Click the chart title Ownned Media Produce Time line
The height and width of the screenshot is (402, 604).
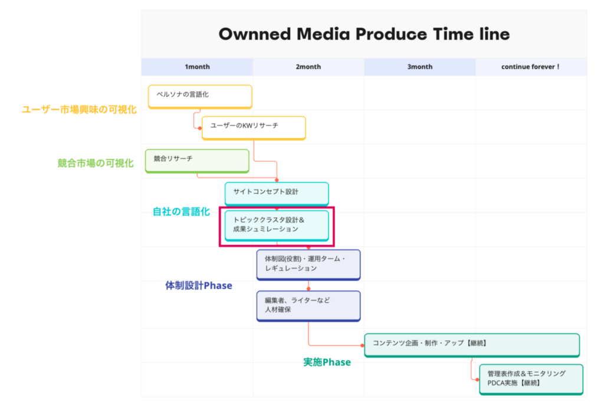pyautogui.click(x=364, y=34)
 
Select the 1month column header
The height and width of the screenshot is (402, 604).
pyautogui.click(x=197, y=67)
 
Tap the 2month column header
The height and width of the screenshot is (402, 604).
pyautogui.click(x=308, y=67)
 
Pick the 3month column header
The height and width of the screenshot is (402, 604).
pyautogui.click(x=420, y=67)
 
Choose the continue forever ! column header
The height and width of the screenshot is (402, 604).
pyautogui.click(x=531, y=67)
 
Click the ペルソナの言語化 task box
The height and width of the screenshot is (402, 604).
pyautogui.click(x=200, y=97)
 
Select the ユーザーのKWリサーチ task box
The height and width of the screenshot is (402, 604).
pyautogui.click(x=254, y=128)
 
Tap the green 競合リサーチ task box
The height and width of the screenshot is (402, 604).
pyautogui.click(x=197, y=161)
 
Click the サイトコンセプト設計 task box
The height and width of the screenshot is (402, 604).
pyautogui.click(x=277, y=194)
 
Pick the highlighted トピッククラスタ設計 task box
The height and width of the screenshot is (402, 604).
pyautogui.click(x=277, y=226)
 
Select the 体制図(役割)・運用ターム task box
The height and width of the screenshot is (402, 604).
pyautogui.click(x=308, y=265)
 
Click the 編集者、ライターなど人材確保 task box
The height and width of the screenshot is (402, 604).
pyautogui.click(x=308, y=306)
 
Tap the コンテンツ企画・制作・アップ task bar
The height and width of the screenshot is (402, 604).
pyautogui.click(x=472, y=345)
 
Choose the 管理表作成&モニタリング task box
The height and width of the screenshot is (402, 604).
pyautogui.click(x=531, y=380)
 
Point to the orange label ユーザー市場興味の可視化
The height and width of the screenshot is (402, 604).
pyautogui.click(x=80, y=110)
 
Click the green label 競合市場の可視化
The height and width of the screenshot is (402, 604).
pyautogui.click(x=96, y=164)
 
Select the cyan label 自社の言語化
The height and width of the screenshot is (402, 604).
pyautogui.click(x=181, y=211)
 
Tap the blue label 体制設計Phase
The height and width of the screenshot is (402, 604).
pyautogui.click(x=199, y=286)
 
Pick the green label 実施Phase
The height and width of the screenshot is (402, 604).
pyautogui.click(x=327, y=362)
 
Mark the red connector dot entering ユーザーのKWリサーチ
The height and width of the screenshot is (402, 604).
pyautogui.click(x=200, y=128)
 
